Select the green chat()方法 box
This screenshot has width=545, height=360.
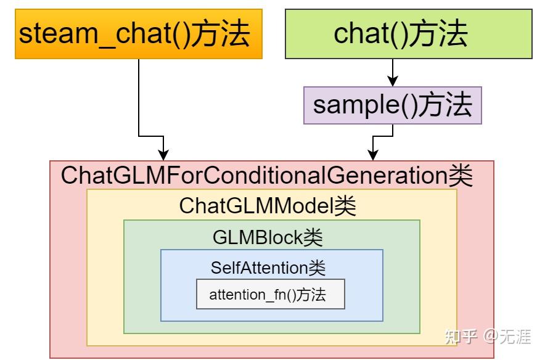click(x=408, y=34)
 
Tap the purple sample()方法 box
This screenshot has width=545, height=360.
click(x=392, y=105)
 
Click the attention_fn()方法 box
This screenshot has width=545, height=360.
click(x=270, y=295)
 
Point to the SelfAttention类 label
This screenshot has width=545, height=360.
click(x=268, y=268)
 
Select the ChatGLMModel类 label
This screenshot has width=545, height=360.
click(x=268, y=206)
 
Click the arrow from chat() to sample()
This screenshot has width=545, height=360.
click(x=392, y=72)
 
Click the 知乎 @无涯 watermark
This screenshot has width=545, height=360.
click(x=488, y=336)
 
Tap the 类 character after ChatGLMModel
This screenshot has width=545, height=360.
click(x=345, y=206)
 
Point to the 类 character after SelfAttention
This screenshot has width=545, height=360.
click(x=317, y=268)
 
